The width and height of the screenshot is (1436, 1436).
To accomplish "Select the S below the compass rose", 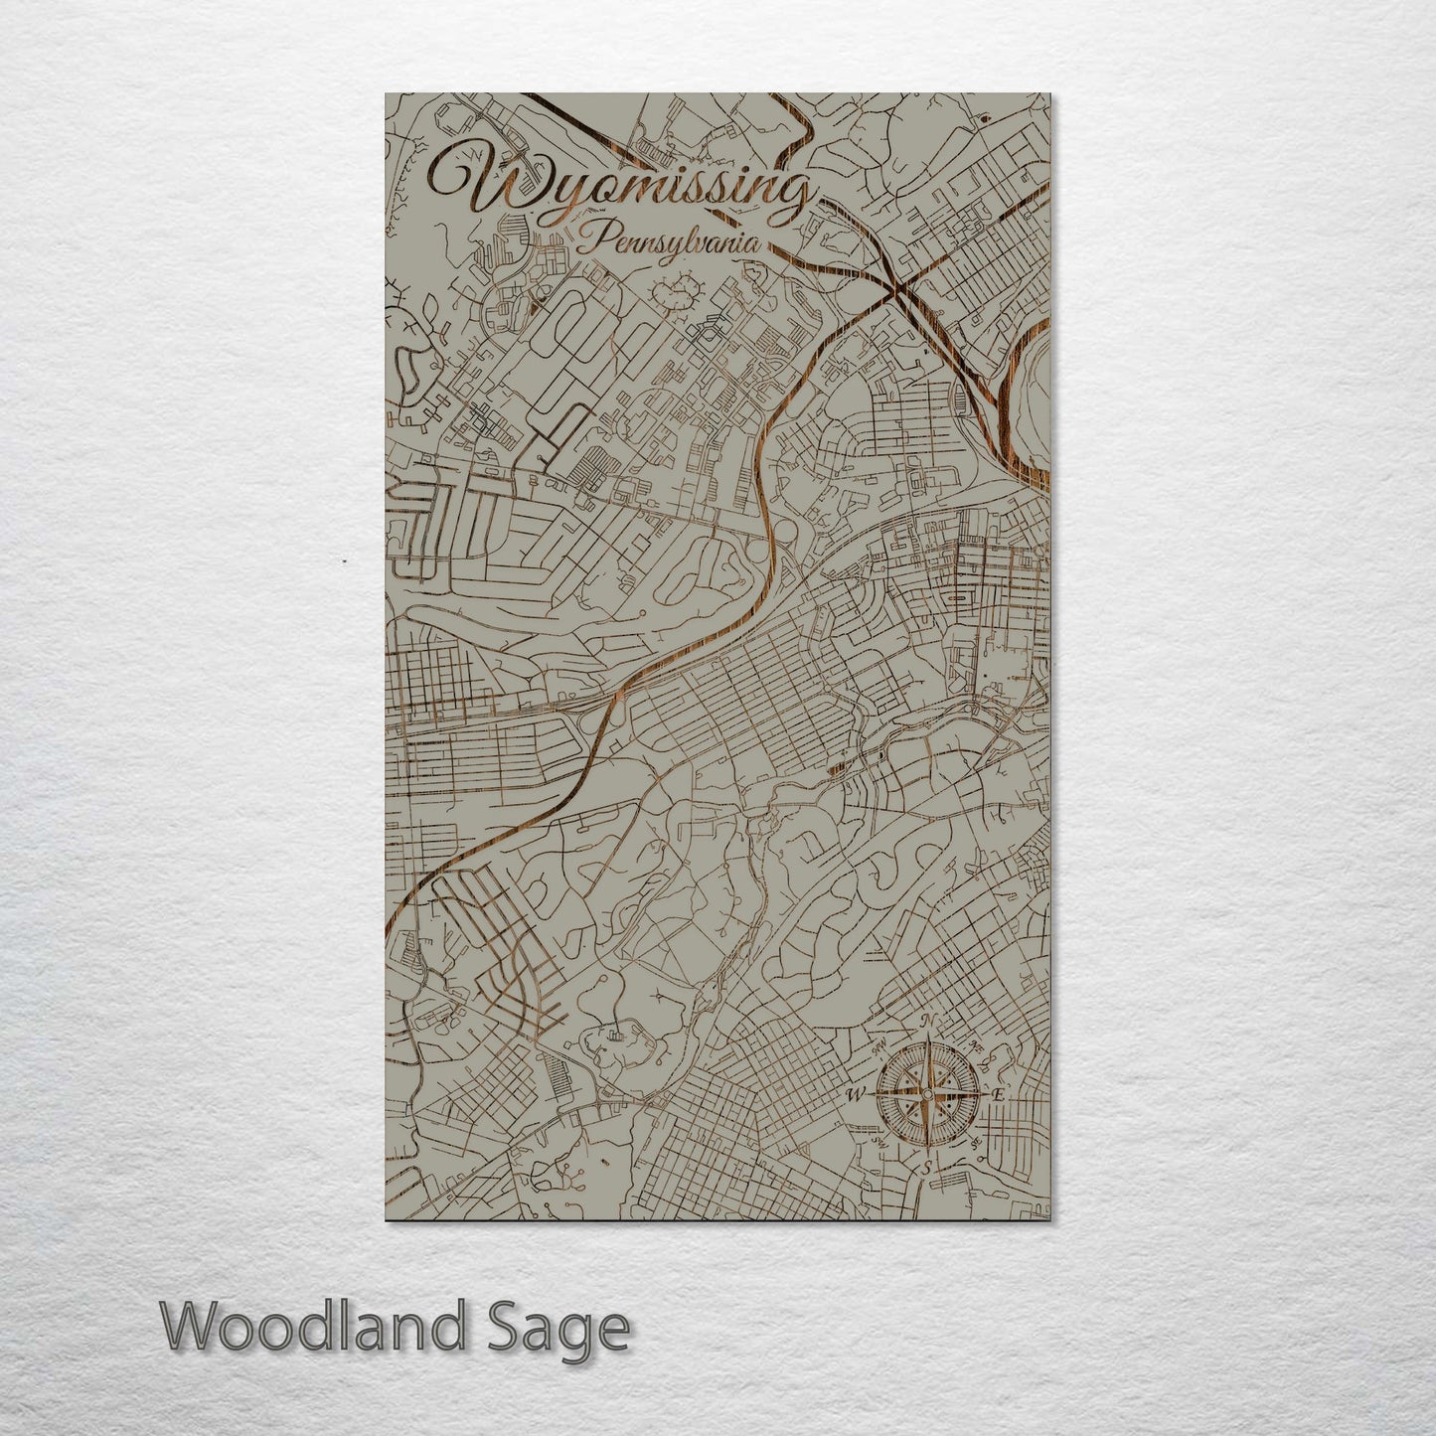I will [x=927, y=1169].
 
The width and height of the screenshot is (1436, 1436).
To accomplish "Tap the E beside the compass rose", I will [x=999, y=1094].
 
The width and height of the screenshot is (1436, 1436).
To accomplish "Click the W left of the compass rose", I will [x=854, y=1095].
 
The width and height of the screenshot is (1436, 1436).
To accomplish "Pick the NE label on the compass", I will [x=976, y=1047].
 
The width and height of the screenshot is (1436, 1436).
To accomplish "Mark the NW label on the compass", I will [x=878, y=1047].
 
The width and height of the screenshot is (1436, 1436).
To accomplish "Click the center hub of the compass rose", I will [x=926, y=1095].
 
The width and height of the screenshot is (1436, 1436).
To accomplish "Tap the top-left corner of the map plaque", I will [x=387, y=94].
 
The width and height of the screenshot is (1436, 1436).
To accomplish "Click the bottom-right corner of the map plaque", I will [x=1048, y=1218].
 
